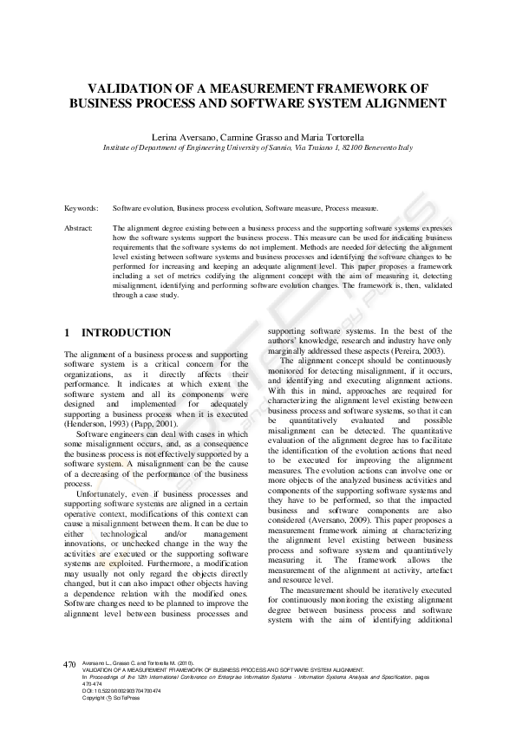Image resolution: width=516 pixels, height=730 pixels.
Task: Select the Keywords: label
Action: click(x=81, y=209)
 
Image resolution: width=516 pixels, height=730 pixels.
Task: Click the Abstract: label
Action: click(x=79, y=228)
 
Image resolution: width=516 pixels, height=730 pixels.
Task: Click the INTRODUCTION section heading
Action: click(x=126, y=333)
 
